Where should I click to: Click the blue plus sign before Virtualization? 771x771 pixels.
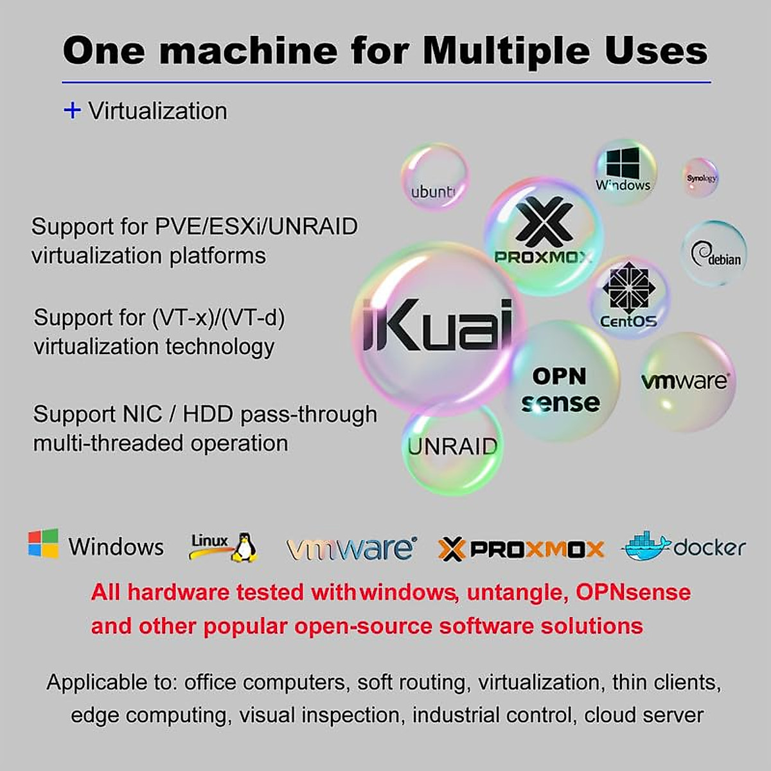point(72,111)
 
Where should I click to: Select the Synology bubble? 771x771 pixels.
point(700,178)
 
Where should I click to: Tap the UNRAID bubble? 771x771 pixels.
point(452,447)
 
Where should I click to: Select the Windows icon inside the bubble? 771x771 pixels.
point(623,163)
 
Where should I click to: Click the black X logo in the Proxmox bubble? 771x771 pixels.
point(544,222)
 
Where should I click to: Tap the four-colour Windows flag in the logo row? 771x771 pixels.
point(43,544)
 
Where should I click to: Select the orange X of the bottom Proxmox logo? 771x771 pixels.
point(451,549)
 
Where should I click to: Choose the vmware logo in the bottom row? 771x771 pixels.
point(351,548)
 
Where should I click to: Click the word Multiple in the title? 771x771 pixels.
point(506,50)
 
